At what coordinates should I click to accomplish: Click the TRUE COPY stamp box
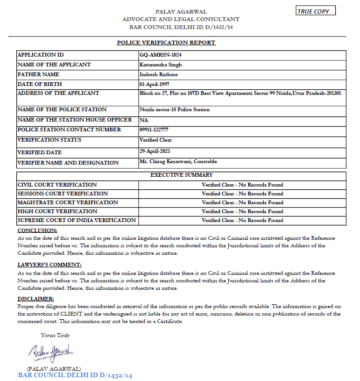pyautogui.click(x=316, y=11)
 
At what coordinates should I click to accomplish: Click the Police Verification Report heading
pyautogui.click(x=166, y=43)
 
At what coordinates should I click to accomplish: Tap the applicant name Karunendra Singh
pyautogui.click(x=161, y=65)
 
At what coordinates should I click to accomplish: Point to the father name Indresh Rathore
pyautogui.click(x=159, y=74)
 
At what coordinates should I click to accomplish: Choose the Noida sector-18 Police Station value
pyautogui.click(x=175, y=109)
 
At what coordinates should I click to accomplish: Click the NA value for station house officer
pyautogui.click(x=144, y=120)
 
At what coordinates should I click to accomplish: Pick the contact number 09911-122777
pyautogui.click(x=154, y=129)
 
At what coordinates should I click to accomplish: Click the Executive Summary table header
pyautogui.click(x=181, y=175)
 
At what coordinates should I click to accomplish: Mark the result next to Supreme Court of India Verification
pyautogui.click(x=242, y=220)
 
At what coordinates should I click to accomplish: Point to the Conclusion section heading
pyautogui.click(x=37, y=230)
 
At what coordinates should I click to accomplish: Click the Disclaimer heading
pyautogui.click(x=36, y=298)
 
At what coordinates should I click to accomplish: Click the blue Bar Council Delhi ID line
pyautogui.click(x=75, y=375)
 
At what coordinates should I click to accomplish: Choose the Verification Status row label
pyautogui.click(x=49, y=140)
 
